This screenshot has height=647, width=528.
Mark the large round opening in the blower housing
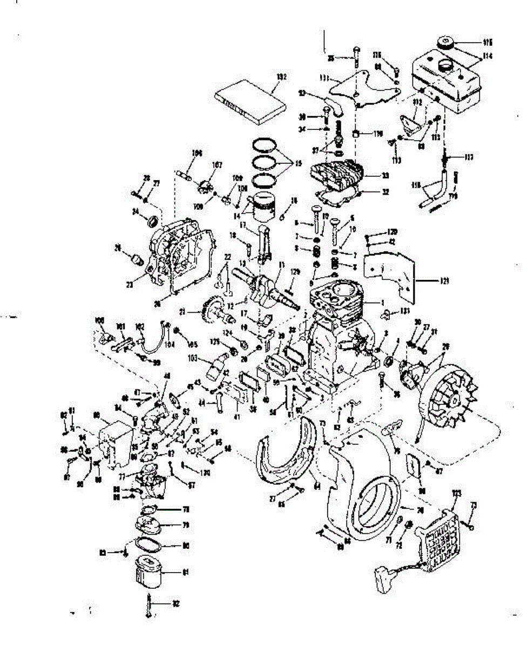374,505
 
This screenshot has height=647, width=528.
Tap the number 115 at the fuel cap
489,42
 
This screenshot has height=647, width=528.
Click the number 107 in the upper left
218,165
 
